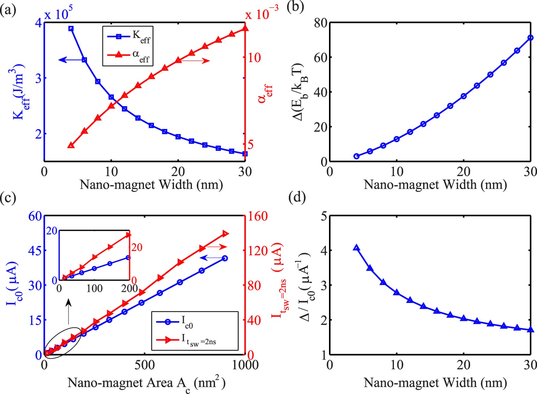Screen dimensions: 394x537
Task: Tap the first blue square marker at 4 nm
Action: point(71,29)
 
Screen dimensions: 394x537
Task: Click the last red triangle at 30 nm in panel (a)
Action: point(245,28)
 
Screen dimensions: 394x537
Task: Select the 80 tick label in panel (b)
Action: point(320,23)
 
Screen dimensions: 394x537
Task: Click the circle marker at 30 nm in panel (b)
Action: point(530,38)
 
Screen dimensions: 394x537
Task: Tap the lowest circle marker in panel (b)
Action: point(357,156)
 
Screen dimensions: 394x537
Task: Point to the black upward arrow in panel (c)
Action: point(69,311)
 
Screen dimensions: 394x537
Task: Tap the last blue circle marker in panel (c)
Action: point(225,258)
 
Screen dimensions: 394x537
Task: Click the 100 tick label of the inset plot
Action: point(94,289)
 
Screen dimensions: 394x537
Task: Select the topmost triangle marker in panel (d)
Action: point(357,248)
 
